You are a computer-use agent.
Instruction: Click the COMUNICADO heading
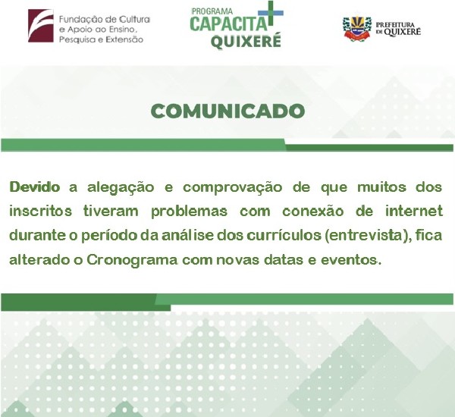coord(227,111)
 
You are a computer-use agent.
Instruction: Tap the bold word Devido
coord(35,187)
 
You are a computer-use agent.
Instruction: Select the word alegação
coord(121,188)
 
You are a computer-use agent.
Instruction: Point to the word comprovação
coord(233,188)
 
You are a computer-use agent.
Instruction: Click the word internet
coord(414,211)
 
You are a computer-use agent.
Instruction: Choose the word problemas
coord(189,212)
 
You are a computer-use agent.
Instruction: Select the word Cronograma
coord(132,260)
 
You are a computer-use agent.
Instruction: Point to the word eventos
coord(350,260)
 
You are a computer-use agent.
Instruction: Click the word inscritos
coord(41,211)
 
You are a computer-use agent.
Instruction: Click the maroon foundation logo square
coord(41,26)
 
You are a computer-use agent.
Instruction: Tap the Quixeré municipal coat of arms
coord(357,29)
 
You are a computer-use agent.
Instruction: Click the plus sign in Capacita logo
coord(271,13)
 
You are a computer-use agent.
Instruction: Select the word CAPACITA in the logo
coord(228,24)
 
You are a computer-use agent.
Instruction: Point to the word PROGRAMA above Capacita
coord(212,11)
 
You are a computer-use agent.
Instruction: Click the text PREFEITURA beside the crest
coord(395,25)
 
